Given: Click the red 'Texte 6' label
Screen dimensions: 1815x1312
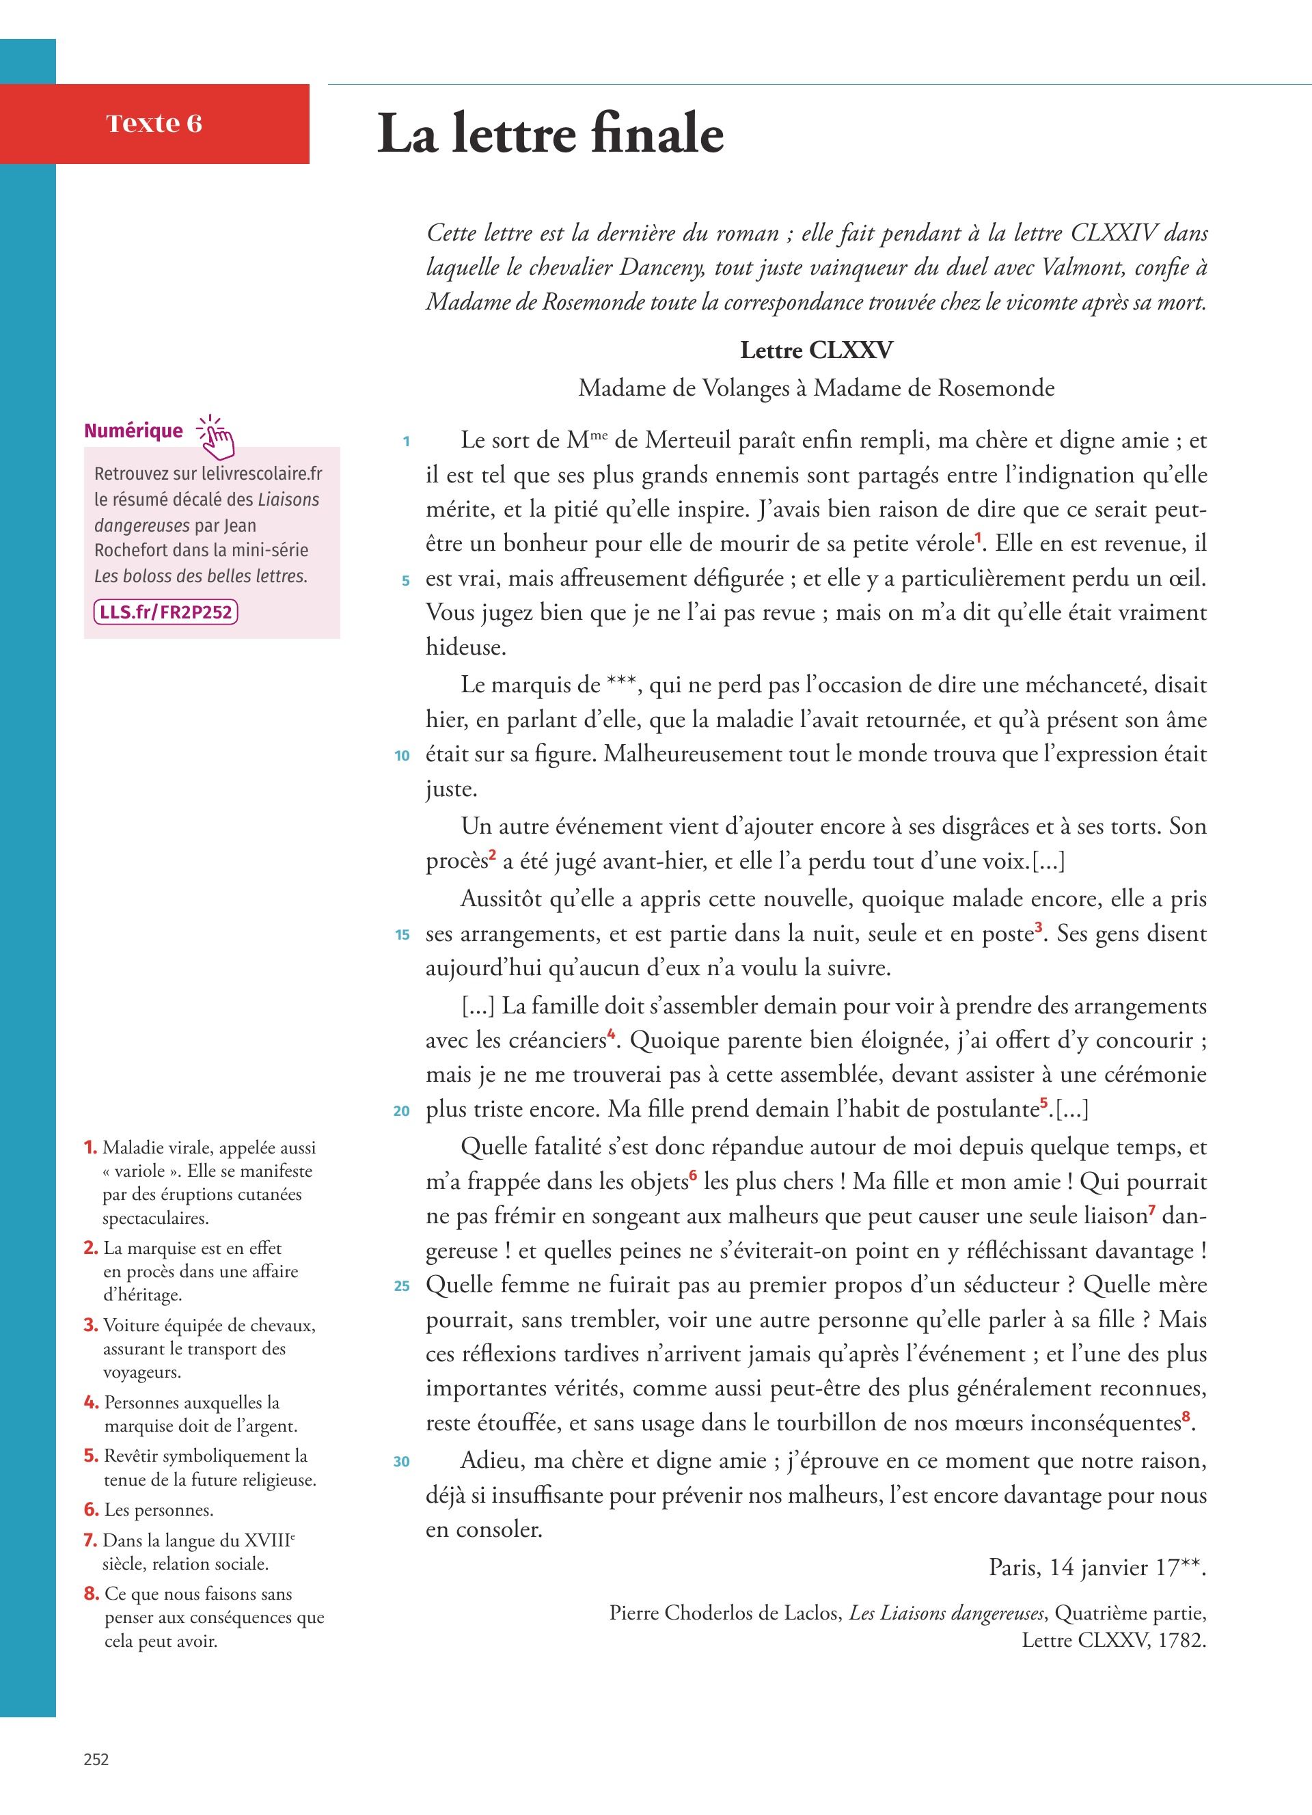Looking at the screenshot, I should click(x=154, y=123).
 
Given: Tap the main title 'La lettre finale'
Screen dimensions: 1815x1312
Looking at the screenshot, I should click(x=550, y=134).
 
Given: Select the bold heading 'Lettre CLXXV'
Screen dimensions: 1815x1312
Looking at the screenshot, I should click(x=816, y=351).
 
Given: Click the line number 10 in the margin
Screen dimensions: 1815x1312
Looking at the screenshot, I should click(x=402, y=755).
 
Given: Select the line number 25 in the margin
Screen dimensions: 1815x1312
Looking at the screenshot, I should click(x=402, y=1286).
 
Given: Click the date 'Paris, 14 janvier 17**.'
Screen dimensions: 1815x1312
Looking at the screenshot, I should click(x=1097, y=1567).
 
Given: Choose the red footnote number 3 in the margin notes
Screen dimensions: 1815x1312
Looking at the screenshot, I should click(x=90, y=1325).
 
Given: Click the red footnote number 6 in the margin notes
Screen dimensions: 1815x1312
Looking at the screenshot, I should click(x=91, y=1510).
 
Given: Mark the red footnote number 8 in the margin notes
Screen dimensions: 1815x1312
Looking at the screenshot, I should click(x=91, y=1594).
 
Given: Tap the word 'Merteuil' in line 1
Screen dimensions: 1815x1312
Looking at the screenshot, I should click(x=692, y=441).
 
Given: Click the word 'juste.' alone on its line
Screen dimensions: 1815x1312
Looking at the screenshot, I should click(x=451, y=790).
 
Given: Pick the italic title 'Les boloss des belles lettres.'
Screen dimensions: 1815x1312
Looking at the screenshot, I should click(x=201, y=576).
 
